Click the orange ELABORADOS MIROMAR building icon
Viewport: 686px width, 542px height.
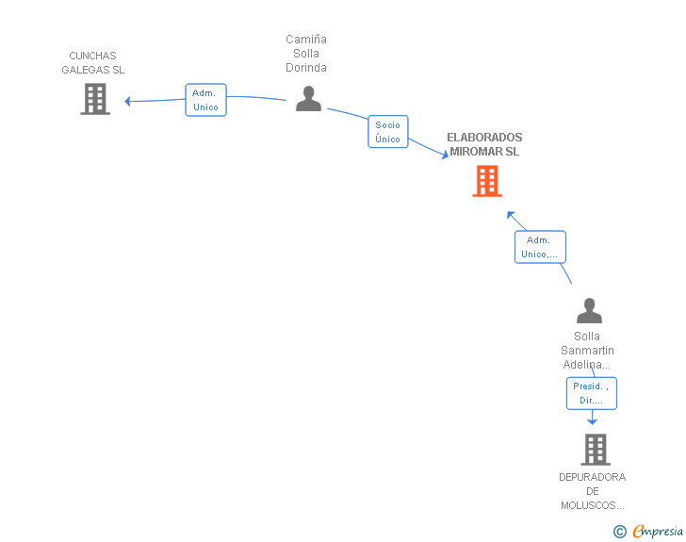point(486,181)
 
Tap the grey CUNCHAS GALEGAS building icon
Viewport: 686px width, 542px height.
point(95,99)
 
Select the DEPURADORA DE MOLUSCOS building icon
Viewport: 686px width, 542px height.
point(595,450)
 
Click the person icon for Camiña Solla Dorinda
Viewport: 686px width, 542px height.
point(308,99)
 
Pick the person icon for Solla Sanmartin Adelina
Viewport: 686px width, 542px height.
point(589,311)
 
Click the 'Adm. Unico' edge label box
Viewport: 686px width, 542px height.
point(205,100)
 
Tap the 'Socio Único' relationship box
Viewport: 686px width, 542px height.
point(387,132)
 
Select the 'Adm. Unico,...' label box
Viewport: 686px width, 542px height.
point(540,247)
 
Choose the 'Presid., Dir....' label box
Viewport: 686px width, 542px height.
point(591,393)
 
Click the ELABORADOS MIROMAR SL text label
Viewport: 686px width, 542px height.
point(484,144)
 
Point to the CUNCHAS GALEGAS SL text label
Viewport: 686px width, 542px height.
point(93,63)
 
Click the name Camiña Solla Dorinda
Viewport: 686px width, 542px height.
point(306,54)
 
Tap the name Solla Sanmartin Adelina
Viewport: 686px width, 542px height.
point(587,351)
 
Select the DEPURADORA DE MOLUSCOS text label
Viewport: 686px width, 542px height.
point(592,491)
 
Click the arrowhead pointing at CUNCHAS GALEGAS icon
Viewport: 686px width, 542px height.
point(128,101)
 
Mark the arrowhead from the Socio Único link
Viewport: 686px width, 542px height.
point(444,156)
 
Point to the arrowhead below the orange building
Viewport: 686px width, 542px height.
point(510,214)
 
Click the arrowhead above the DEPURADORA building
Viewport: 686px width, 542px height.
point(592,421)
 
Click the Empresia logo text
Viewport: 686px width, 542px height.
point(658,531)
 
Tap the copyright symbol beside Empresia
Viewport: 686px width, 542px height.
point(619,532)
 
